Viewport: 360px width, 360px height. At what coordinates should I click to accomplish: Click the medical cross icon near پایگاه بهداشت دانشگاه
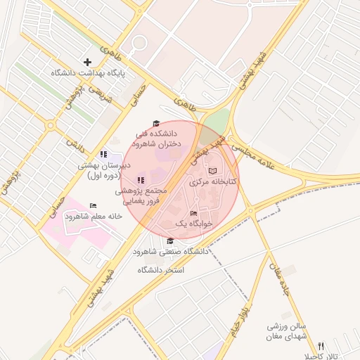coord(88,62)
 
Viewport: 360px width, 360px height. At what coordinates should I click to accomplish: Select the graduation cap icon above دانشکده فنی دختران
coord(156,124)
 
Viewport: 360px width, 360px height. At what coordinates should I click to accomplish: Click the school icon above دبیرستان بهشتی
coord(103,154)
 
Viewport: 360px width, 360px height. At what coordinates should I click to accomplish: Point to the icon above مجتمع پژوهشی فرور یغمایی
coord(141,180)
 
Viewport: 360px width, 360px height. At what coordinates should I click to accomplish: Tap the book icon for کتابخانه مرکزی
coord(214,171)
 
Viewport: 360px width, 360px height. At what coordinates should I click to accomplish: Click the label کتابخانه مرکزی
coord(213,181)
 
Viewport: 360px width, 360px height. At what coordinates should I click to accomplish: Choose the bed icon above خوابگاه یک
coord(193,214)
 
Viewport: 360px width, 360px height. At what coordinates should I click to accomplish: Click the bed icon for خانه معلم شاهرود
coord(93,206)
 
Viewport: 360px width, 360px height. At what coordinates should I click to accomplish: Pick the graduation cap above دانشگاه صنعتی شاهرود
coord(170,241)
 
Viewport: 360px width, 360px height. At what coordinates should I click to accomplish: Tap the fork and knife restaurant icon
coord(321,346)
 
